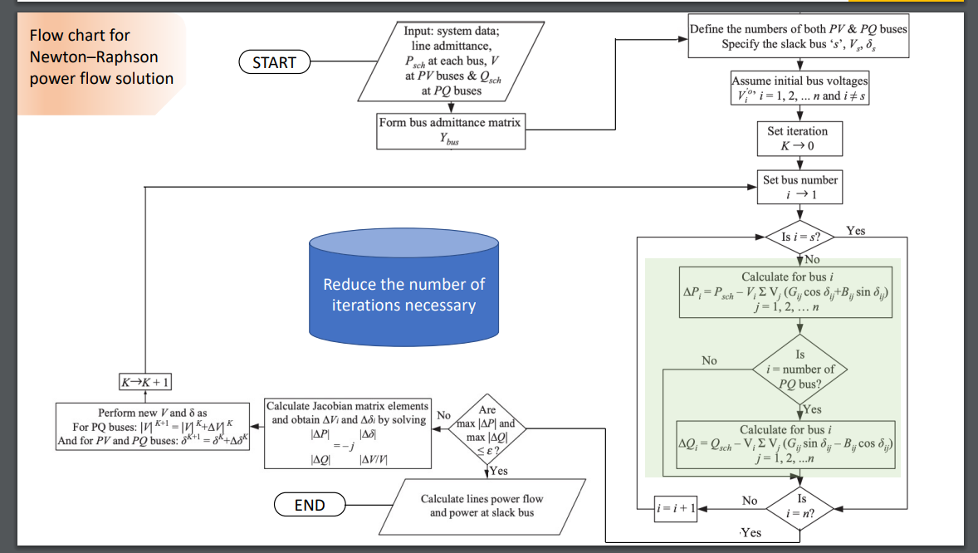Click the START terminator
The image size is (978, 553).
pos(274,61)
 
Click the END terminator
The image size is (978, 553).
pos(310,504)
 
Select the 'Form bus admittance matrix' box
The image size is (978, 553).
pos(450,131)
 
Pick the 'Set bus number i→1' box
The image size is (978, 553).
pos(800,187)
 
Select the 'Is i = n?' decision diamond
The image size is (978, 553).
pos(801,506)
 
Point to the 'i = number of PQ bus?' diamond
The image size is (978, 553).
pos(800,369)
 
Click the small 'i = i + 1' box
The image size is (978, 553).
pos(674,506)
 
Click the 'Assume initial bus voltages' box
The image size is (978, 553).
pos(800,88)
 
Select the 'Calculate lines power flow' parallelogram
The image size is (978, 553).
pos(482,505)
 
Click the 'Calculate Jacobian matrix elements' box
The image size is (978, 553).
pos(348,433)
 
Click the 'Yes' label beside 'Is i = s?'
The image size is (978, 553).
pos(855,230)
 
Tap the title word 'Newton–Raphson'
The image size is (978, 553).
pos(94,57)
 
